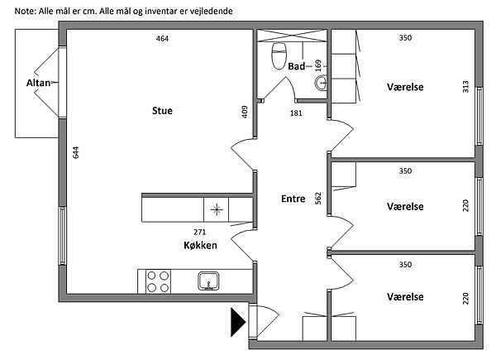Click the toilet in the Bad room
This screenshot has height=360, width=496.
coord(279,56)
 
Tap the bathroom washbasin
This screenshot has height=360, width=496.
coord(321,84)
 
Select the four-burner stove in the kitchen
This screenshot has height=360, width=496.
coord(158,281)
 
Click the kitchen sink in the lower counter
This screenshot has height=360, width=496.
coord(208,281)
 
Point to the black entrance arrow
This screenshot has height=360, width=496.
coord(238,322)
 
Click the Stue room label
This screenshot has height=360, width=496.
coord(162,111)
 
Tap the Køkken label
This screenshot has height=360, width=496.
coord(200,245)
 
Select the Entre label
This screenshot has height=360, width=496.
coord(293,199)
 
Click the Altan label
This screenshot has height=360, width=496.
coord(38,83)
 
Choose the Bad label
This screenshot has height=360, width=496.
coord(297,66)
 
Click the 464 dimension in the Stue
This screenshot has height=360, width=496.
coord(162,39)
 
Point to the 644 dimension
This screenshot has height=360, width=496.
coord(75,152)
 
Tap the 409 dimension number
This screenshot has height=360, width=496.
coord(245,112)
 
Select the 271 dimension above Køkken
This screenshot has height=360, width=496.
coord(200,232)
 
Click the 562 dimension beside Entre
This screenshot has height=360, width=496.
coord(318,198)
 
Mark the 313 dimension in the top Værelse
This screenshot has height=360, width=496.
coord(465,87)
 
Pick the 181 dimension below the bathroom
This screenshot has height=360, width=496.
coord(296,113)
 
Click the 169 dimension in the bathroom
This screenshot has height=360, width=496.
coord(318,65)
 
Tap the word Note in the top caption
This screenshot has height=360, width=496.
coord(25,12)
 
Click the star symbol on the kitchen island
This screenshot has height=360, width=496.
coord(217,209)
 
